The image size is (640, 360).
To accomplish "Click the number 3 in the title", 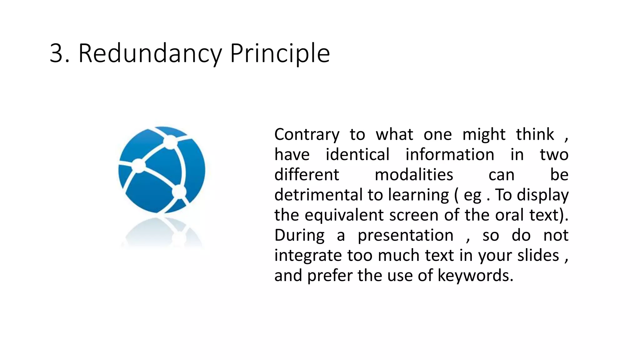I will [x=57, y=53].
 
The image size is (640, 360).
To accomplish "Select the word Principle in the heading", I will [x=280, y=53].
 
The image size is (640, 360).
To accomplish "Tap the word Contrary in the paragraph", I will [x=307, y=135].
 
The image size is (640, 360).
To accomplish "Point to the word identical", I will [x=357, y=155].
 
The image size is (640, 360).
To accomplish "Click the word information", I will [x=450, y=155].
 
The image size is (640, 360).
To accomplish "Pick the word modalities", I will [x=414, y=175].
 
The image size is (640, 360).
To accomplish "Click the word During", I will [x=299, y=236].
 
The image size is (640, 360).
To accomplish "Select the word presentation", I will [x=405, y=236].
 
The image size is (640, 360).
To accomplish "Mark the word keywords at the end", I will [x=475, y=276].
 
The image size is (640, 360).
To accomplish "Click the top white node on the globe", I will [x=170, y=142].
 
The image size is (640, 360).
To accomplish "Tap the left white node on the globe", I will [x=138, y=165].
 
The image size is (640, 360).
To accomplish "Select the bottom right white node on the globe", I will [x=179, y=192].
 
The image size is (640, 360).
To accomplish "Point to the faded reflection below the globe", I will [x=162, y=233].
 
